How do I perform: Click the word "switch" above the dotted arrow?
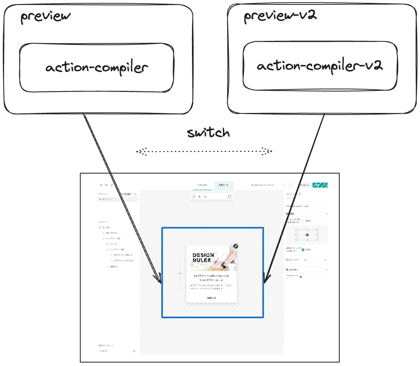click(x=208, y=133)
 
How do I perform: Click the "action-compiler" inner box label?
click(x=97, y=67)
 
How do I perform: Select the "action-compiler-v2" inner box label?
click(x=320, y=66)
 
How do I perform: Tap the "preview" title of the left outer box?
click(x=45, y=17)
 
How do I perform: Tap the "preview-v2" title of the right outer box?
click(x=280, y=16)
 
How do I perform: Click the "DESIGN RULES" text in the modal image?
click(x=202, y=257)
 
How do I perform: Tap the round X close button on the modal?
click(x=236, y=246)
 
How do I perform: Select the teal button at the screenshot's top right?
click(x=320, y=185)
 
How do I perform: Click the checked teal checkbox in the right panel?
click(x=303, y=250)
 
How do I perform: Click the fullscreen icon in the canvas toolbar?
click(x=230, y=196)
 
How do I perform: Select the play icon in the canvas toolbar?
click(x=200, y=196)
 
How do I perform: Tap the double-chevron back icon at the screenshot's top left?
click(x=101, y=185)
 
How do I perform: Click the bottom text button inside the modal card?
click(x=211, y=298)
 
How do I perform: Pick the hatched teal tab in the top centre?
click(x=224, y=185)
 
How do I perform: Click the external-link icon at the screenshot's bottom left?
click(x=134, y=351)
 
